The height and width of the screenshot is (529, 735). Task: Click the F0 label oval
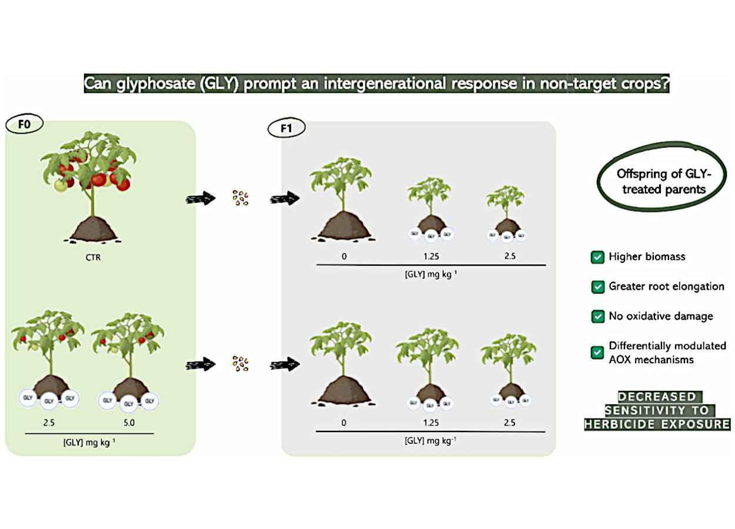[24, 125]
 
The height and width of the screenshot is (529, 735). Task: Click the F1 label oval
[286, 128]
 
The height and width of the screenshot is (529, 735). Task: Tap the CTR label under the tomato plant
[93, 257]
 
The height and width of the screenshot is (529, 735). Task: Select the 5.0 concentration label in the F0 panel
[129, 422]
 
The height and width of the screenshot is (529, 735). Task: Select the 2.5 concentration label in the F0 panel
[48, 422]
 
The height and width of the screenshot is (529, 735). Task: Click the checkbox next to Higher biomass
[597, 257]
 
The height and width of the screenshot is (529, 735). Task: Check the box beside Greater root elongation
[597, 287]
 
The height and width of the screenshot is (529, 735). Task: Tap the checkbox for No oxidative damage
[597, 316]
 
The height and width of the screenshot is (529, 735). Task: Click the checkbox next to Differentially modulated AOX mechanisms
[597, 353]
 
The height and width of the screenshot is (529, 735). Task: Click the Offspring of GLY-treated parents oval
[663, 180]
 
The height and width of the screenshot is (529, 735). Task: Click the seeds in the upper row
[240, 198]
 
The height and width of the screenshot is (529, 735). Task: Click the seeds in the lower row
[240, 364]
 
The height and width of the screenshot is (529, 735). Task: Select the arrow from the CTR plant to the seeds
[201, 199]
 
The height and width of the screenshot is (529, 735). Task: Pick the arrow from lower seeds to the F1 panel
[285, 364]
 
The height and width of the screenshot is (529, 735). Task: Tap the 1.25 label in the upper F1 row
[430, 256]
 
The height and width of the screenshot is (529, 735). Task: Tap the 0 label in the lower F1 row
[343, 423]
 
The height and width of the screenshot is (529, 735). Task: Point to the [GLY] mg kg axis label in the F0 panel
[89, 443]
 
